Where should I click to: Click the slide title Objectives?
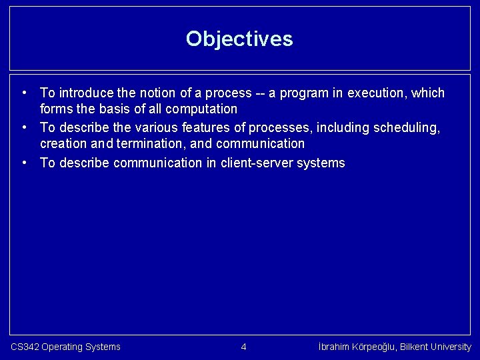pos(239,39)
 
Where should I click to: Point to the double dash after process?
pos(260,93)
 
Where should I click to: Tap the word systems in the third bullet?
pos(323,163)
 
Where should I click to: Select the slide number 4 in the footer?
pos(243,347)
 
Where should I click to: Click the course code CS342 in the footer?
pos(25,347)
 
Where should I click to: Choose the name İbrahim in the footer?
pos(335,347)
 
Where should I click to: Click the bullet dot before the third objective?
pos(24,163)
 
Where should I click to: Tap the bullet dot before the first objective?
pos(24,93)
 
